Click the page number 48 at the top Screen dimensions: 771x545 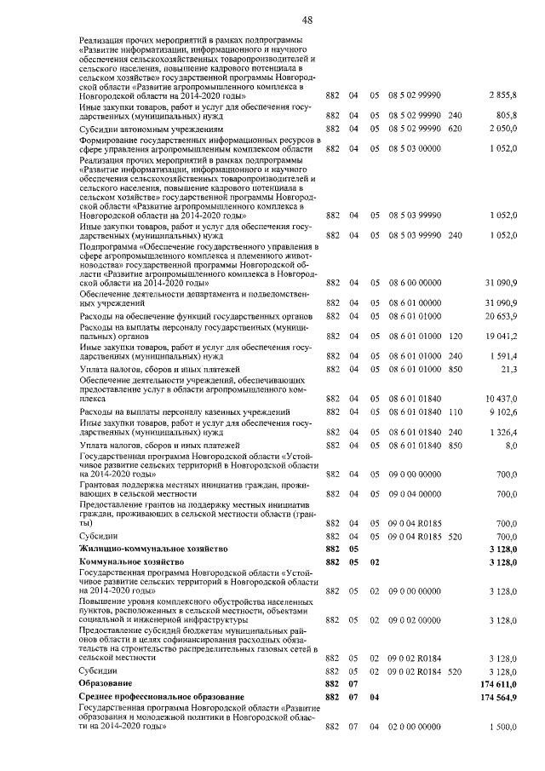click(272, 19)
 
